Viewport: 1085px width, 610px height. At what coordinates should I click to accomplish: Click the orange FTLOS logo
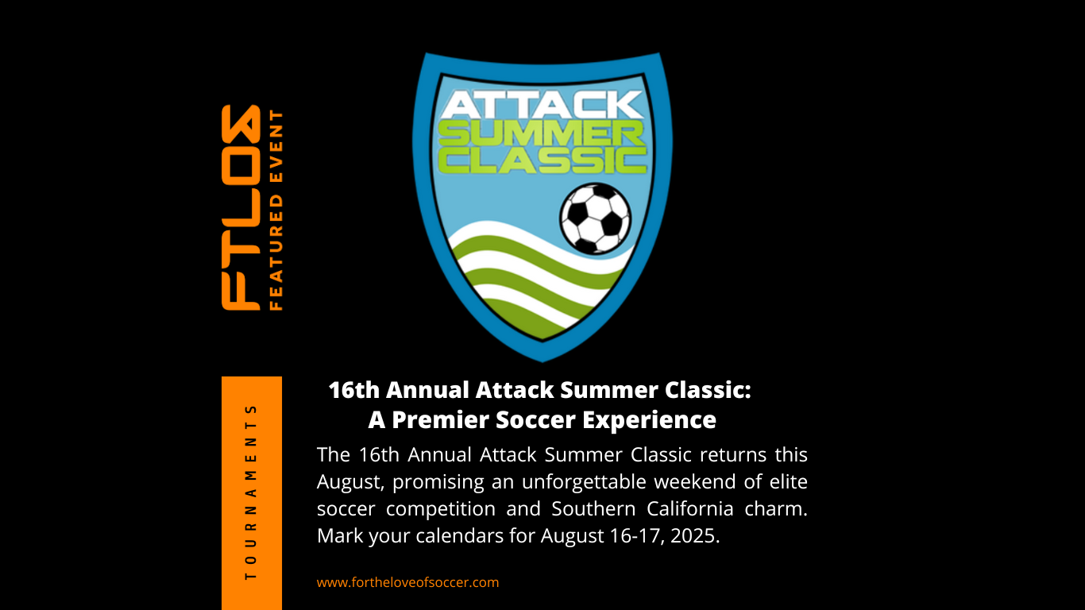pyautogui.click(x=241, y=207)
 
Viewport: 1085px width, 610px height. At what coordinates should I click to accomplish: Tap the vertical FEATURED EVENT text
pyautogui.click(x=276, y=210)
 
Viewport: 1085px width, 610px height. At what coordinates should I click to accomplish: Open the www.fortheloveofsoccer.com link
pyautogui.click(x=407, y=582)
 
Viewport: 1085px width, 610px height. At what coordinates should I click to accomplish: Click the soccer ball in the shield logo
pyautogui.click(x=595, y=218)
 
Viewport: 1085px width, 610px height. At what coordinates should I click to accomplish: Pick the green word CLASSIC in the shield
pyautogui.click(x=542, y=160)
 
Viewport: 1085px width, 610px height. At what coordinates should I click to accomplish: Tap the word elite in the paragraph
pyautogui.click(x=789, y=482)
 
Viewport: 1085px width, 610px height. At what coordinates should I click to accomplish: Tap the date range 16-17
pyautogui.click(x=633, y=535)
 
